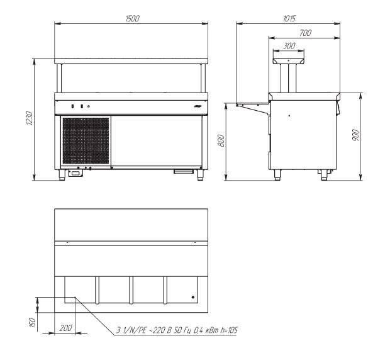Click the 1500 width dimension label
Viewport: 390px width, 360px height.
click(133, 19)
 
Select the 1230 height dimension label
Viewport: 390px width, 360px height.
click(30, 118)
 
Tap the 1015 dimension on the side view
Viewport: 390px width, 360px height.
click(289, 19)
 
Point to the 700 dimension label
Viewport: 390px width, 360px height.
click(306, 33)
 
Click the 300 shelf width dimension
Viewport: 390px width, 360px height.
click(289, 46)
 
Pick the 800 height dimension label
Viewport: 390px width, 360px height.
click(221, 140)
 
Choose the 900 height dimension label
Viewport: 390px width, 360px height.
click(356, 135)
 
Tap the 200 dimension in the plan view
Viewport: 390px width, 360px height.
click(65, 328)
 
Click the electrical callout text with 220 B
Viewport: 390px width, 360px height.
click(177, 330)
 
